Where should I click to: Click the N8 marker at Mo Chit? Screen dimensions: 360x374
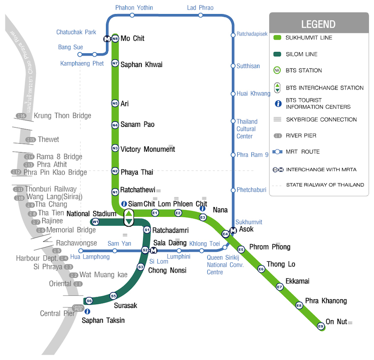[x=115, y=39]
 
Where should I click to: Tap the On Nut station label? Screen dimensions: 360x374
[x=336, y=322]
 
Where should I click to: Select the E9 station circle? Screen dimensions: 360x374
[x=321, y=327]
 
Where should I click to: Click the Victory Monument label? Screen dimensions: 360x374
[x=148, y=149]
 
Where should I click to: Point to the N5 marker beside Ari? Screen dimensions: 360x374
[x=115, y=103]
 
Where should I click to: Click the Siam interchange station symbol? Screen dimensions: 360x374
[x=128, y=217]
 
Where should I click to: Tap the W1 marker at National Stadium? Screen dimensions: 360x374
[x=95, y=222]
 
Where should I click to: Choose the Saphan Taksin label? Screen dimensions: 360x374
[x=103, y=320]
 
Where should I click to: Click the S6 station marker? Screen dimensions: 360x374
[x=89, y=301]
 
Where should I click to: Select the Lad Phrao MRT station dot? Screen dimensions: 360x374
[x=200, y=15]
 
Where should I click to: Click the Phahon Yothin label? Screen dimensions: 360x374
[x=134, y=8]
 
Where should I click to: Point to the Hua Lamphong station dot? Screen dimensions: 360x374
[x=81, y=251]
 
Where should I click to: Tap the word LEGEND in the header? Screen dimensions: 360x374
[x=318, y=24]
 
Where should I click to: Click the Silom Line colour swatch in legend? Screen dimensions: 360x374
[x=277, y=54]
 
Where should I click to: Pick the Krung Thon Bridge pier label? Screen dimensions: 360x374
[x=62, y=116]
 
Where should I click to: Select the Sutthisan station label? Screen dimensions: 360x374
[x=248, y=66]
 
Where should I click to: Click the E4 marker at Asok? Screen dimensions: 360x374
[x=225, y=234]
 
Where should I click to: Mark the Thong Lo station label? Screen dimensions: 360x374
[x=281, y=264]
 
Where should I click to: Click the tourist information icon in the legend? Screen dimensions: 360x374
[x=277, y=103]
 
